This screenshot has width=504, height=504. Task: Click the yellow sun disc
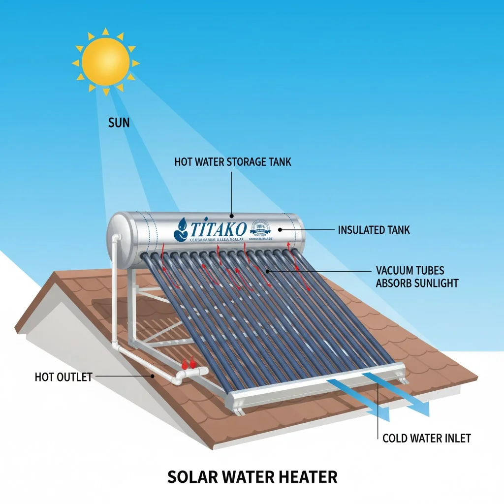click(105, 63)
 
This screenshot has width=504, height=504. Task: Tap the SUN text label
click(119, 122)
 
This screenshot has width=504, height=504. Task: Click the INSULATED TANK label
click(374, 230)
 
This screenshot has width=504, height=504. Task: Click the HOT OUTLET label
click(63, 377)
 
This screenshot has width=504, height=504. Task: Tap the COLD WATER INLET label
click(426, 438)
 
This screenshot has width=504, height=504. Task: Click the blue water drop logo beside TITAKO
click(181, 228)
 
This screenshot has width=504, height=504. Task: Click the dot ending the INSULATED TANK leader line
click(280, 229)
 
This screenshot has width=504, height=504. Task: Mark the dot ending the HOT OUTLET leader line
click(153, 377)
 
